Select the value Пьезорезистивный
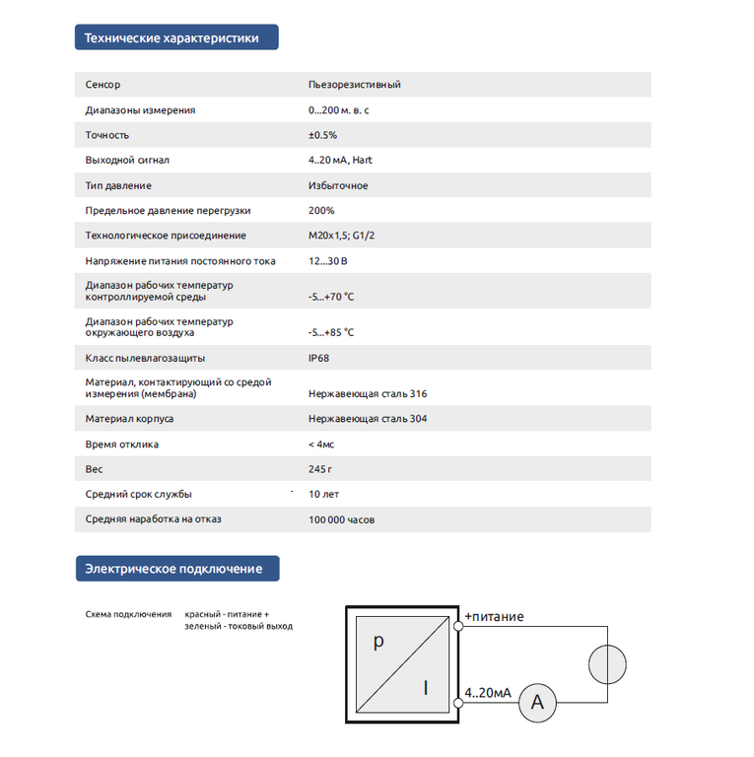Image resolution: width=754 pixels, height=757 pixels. click(x=354, y=85)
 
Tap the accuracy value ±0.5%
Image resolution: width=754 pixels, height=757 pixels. click(x=322, y=135)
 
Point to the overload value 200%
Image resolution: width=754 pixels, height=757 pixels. click(x=321, y=210)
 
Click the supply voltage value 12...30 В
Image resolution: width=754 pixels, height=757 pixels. click(x=327, y=261)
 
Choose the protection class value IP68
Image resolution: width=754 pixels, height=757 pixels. click(x=318, y=358)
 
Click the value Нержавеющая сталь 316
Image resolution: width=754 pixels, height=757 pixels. click(x=367, y=393)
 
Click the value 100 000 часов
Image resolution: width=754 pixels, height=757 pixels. click(x=341, y=519)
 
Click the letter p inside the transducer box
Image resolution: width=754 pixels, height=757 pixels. click(x=377, y=642)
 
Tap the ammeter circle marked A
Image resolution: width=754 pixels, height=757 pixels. click(x=537, y=702)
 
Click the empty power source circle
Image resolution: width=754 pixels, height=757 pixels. click(x=607, y=663)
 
